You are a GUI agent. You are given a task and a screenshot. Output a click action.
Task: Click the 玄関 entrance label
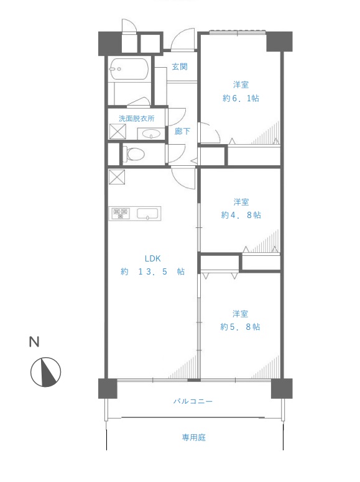pyautogui.click(x=180, y=66)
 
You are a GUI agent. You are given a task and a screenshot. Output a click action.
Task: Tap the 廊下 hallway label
pyautogui.click(x=182, y=131)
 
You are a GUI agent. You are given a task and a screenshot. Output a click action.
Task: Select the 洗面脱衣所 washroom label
pyautogui.click(x=136, y=119)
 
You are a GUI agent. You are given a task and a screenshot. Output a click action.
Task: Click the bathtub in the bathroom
pyautogui.click(x=129, y=69)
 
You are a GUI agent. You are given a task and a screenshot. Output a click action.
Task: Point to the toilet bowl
pyautogui.click(x=134, y=153)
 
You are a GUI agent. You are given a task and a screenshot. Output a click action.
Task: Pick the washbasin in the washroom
pyautogui.click(x=150, y=134)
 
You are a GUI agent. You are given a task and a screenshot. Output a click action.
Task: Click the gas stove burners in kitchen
pyautogui.click(x=120, y=213)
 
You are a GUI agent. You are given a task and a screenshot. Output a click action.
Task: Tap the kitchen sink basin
pyautogui.click(x=148, y=213)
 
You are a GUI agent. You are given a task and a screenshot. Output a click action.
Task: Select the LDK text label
pyautogui.click(x=152, y=258)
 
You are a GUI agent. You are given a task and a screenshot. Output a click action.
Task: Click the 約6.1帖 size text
pyautogui.click(x=241, y=98)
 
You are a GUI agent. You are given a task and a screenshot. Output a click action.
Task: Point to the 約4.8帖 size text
pyautogui.click(x=241, y=215)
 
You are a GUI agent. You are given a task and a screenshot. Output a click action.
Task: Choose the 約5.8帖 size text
pyautogui.click(x=240, y=327)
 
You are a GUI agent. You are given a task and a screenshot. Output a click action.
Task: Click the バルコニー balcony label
pyautogui.click(x=193, y=401)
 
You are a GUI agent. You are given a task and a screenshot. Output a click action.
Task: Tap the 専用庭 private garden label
pyautogui.click(x=193, y=437)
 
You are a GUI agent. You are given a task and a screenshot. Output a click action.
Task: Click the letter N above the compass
pyautogui.click(x=34, y=342)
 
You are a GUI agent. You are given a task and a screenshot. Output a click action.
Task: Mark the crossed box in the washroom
pyautogui.click(x=118, y=131)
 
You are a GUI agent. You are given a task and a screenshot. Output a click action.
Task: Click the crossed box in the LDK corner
pyautogui.click(x=117, y=177)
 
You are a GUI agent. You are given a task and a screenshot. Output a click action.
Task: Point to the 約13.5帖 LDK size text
pyautogui.click(x=153, y=271)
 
